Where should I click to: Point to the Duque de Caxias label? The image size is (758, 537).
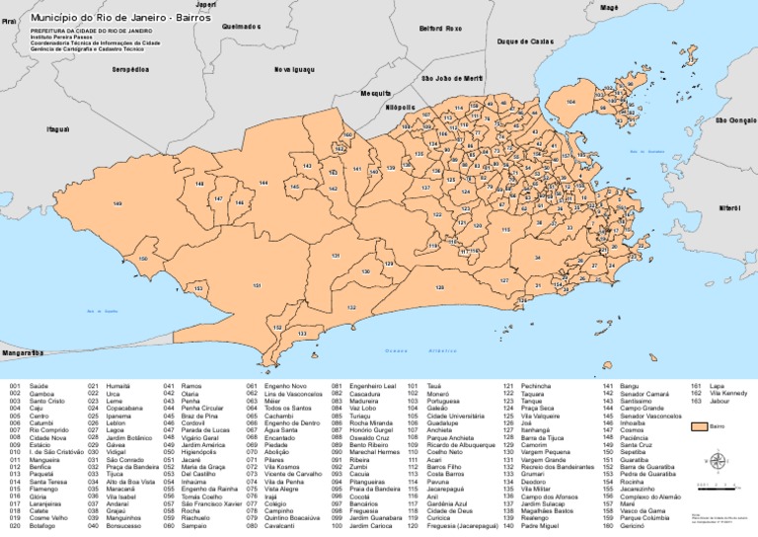pyautogui.click(x=524, y=41)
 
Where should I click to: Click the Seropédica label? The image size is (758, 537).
pyautogui.click(x=131, y=70)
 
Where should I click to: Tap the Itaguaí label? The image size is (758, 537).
pyautogui.click(x=57, y=129)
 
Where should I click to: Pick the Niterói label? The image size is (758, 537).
pyautogui.click(x=729, y=208)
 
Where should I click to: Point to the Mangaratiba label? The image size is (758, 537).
pyautogui.click(x=22, y=352)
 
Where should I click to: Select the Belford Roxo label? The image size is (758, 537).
pyautogui.click(x=440, y=29)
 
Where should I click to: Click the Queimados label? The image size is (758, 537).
pyautogui.click(x=242, y=27)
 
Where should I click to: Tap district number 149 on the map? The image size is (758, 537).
pyautogui.click(x=117, y=204)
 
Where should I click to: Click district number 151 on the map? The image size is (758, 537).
pyautogui.click(x=257, y=286)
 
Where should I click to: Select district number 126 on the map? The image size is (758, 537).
pyautogui.click(x=440, y=287)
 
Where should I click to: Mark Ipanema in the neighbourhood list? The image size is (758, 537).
pyautogui.click(x=118, y=416)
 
